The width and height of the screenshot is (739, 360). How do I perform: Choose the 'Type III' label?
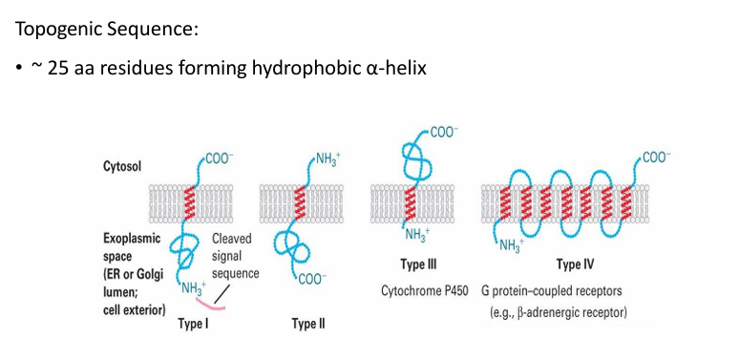pos(421,264)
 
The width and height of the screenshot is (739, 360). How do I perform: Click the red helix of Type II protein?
pos(301,203)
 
